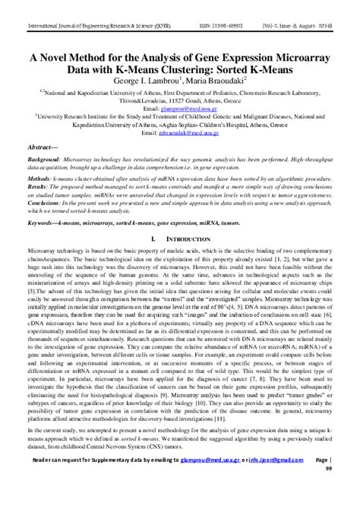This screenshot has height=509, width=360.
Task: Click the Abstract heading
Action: point(44,147)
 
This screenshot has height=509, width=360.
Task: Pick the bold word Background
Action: point(44,163)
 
